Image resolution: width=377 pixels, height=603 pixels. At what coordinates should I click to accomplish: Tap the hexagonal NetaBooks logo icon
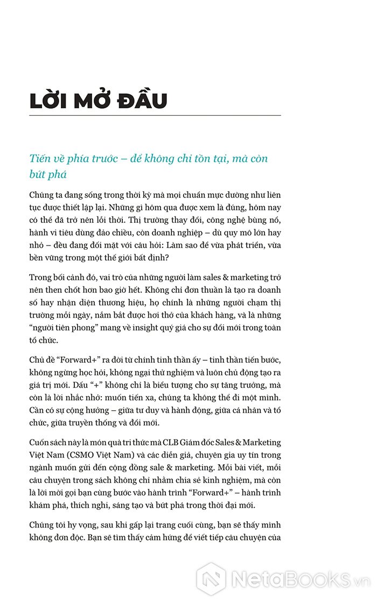pos(211,579)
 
